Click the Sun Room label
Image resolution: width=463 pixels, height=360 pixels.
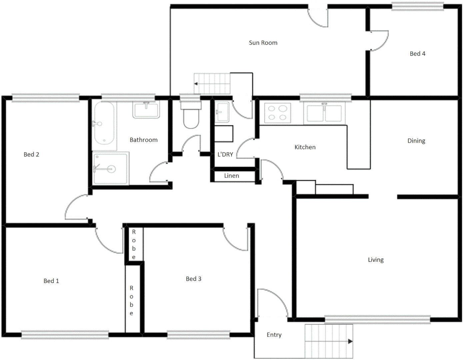click(x=263, y=43)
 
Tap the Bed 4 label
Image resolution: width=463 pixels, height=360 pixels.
click(x=417, y=54)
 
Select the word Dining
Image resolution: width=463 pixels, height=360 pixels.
click(x=416, y=141)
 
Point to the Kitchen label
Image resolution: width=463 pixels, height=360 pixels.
click(x=305, y=147)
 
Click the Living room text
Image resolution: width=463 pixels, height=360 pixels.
click(x=376, y=260)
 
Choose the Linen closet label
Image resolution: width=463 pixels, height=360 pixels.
click(x=231, y=176)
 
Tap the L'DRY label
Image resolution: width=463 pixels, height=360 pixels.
click(x=225, y=154)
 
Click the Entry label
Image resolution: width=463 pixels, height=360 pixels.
click(x=274, y=335)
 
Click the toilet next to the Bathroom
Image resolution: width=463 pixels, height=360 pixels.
click(x=191, y=117)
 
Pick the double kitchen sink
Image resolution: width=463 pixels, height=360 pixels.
click(x=324, y=113)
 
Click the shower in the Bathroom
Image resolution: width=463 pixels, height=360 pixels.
click(x=110, y=168)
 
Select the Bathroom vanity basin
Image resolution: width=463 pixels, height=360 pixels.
click(x=146, y=110)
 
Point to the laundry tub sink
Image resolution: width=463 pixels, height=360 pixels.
click(x=222, y=112)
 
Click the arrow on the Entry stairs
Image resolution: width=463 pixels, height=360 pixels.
click(x=350, y=341)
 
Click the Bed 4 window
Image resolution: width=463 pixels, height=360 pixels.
click(x=417, y=6)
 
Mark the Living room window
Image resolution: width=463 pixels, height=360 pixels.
click(x=377, y=320)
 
